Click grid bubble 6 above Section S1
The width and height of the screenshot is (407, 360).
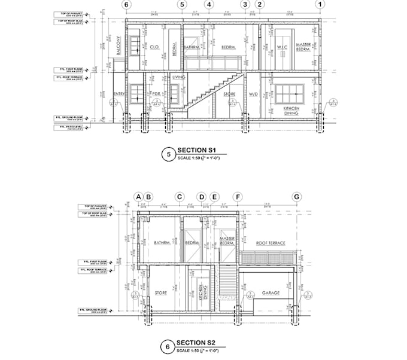tap(126, 5)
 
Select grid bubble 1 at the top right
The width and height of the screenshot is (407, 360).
tap(321, 5)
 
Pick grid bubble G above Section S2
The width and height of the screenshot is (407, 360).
tap(295, 197)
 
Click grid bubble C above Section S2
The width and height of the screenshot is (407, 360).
tap(178, 197)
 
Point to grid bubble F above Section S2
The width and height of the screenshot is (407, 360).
tap(238, 197)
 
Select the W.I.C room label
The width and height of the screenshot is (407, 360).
tap(283, 47)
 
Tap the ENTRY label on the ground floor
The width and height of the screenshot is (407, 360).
tap(119, 94)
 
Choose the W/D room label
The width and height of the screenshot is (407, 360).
tap(253, 94)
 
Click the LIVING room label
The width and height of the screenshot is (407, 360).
tap(178, 77)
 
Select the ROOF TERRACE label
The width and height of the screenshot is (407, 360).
tap(271, 243)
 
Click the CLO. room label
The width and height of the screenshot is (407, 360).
tap(154, 47)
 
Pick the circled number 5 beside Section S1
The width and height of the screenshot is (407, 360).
tap(168, 154)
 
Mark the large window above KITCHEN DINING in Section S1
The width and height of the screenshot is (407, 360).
tap(291, 93)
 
